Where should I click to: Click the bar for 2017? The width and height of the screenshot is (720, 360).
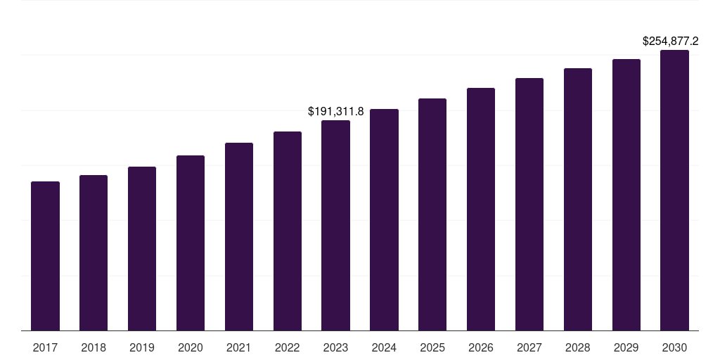tap(45, 256)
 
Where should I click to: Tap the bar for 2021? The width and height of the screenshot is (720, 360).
tap(239, 236)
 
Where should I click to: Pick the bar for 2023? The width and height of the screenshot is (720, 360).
tap(335, 225)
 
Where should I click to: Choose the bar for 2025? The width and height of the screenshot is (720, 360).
tap(432, 214)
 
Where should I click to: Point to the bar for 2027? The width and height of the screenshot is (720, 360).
tap(529, 204)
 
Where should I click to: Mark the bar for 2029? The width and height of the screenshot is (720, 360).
tap(626, 195)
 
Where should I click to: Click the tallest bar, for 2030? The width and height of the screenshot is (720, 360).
tap(674, 190)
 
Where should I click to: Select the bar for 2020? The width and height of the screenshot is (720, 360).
tap(191, 243)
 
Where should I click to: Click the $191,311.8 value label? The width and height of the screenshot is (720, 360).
tap(336, 111)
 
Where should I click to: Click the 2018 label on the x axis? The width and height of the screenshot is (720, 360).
tap(94, 347)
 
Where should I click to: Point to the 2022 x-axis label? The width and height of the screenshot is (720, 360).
tap(288, 347)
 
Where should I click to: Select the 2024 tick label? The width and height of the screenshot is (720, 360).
tap(384, 347)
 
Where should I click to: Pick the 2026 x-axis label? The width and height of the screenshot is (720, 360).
tap(481, 347)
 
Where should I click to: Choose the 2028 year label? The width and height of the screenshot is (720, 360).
tap(578, 347)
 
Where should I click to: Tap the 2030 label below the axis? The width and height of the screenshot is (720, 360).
tap(674, 347)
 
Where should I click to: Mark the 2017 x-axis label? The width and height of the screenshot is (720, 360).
tap(45, 347)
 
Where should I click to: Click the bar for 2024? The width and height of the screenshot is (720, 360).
tap(384, 219)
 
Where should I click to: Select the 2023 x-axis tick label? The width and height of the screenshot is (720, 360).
tap(335, 347)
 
